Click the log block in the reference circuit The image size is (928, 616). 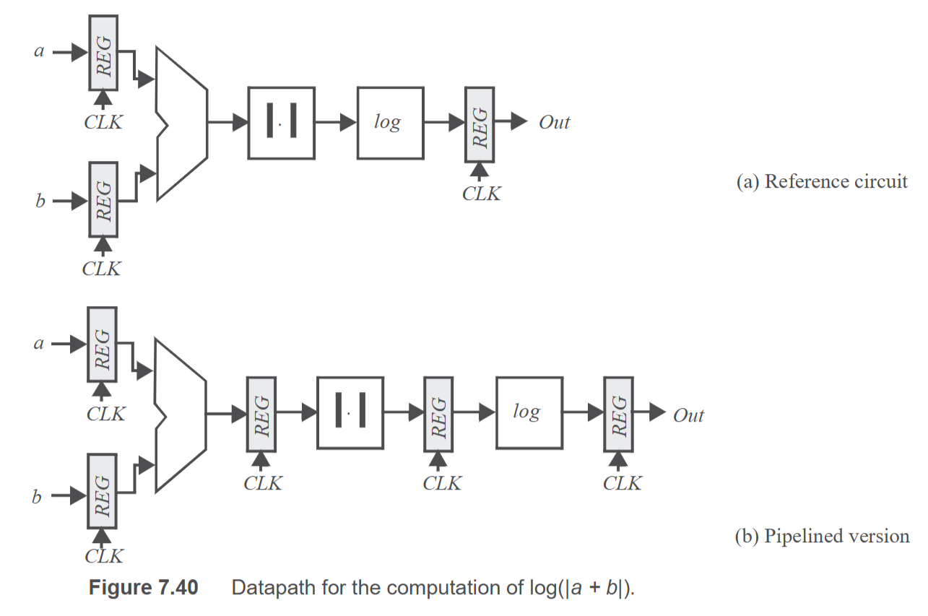(x=390, y=123)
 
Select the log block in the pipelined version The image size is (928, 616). (x=529, y=413)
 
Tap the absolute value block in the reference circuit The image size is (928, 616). (x=282, y=123)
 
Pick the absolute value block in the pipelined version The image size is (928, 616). (x=350, y=413)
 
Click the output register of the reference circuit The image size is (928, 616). (x=480, y=124)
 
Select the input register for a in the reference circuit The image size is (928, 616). (x=103, y=53)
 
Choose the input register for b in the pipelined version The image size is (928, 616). (x=102, y=491)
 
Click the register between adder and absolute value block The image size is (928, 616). (x=261, y=415)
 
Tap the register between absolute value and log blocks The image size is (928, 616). (x=438, y=415)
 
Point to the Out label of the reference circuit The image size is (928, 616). (x=555, y=123)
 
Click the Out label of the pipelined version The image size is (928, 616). (x=688, y=415)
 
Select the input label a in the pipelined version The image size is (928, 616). (x=38, y=344)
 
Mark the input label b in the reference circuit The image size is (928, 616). (x=40, y=201)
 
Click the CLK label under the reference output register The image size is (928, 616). (x=482, y=194)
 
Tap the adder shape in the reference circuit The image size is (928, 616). (x=182, y=123)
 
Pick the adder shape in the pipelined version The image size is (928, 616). (x=181, y=415)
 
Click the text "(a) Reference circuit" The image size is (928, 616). (x=822, y=181)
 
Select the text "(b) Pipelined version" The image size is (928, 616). (x=823, y=536)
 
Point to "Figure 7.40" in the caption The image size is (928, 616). (x=143, y=587)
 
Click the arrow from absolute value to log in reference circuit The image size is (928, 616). (x=336, y=123)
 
